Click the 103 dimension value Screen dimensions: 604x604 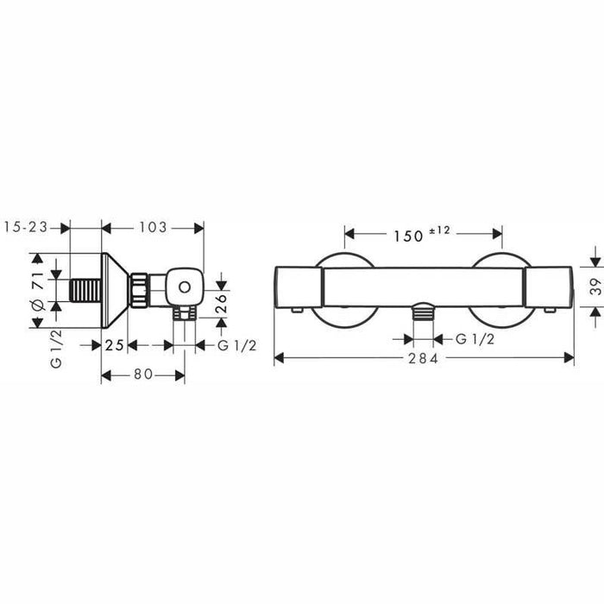[154, 228]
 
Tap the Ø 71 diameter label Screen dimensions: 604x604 [37, 292]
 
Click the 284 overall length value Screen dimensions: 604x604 [424, 357]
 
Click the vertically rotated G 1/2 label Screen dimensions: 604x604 [56, 350]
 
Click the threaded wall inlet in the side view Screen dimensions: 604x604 [85, 290]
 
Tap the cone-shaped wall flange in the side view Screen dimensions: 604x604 [116, 290]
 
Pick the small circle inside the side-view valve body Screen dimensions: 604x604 [184, 284]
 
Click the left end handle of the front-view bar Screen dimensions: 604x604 [298, 286]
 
